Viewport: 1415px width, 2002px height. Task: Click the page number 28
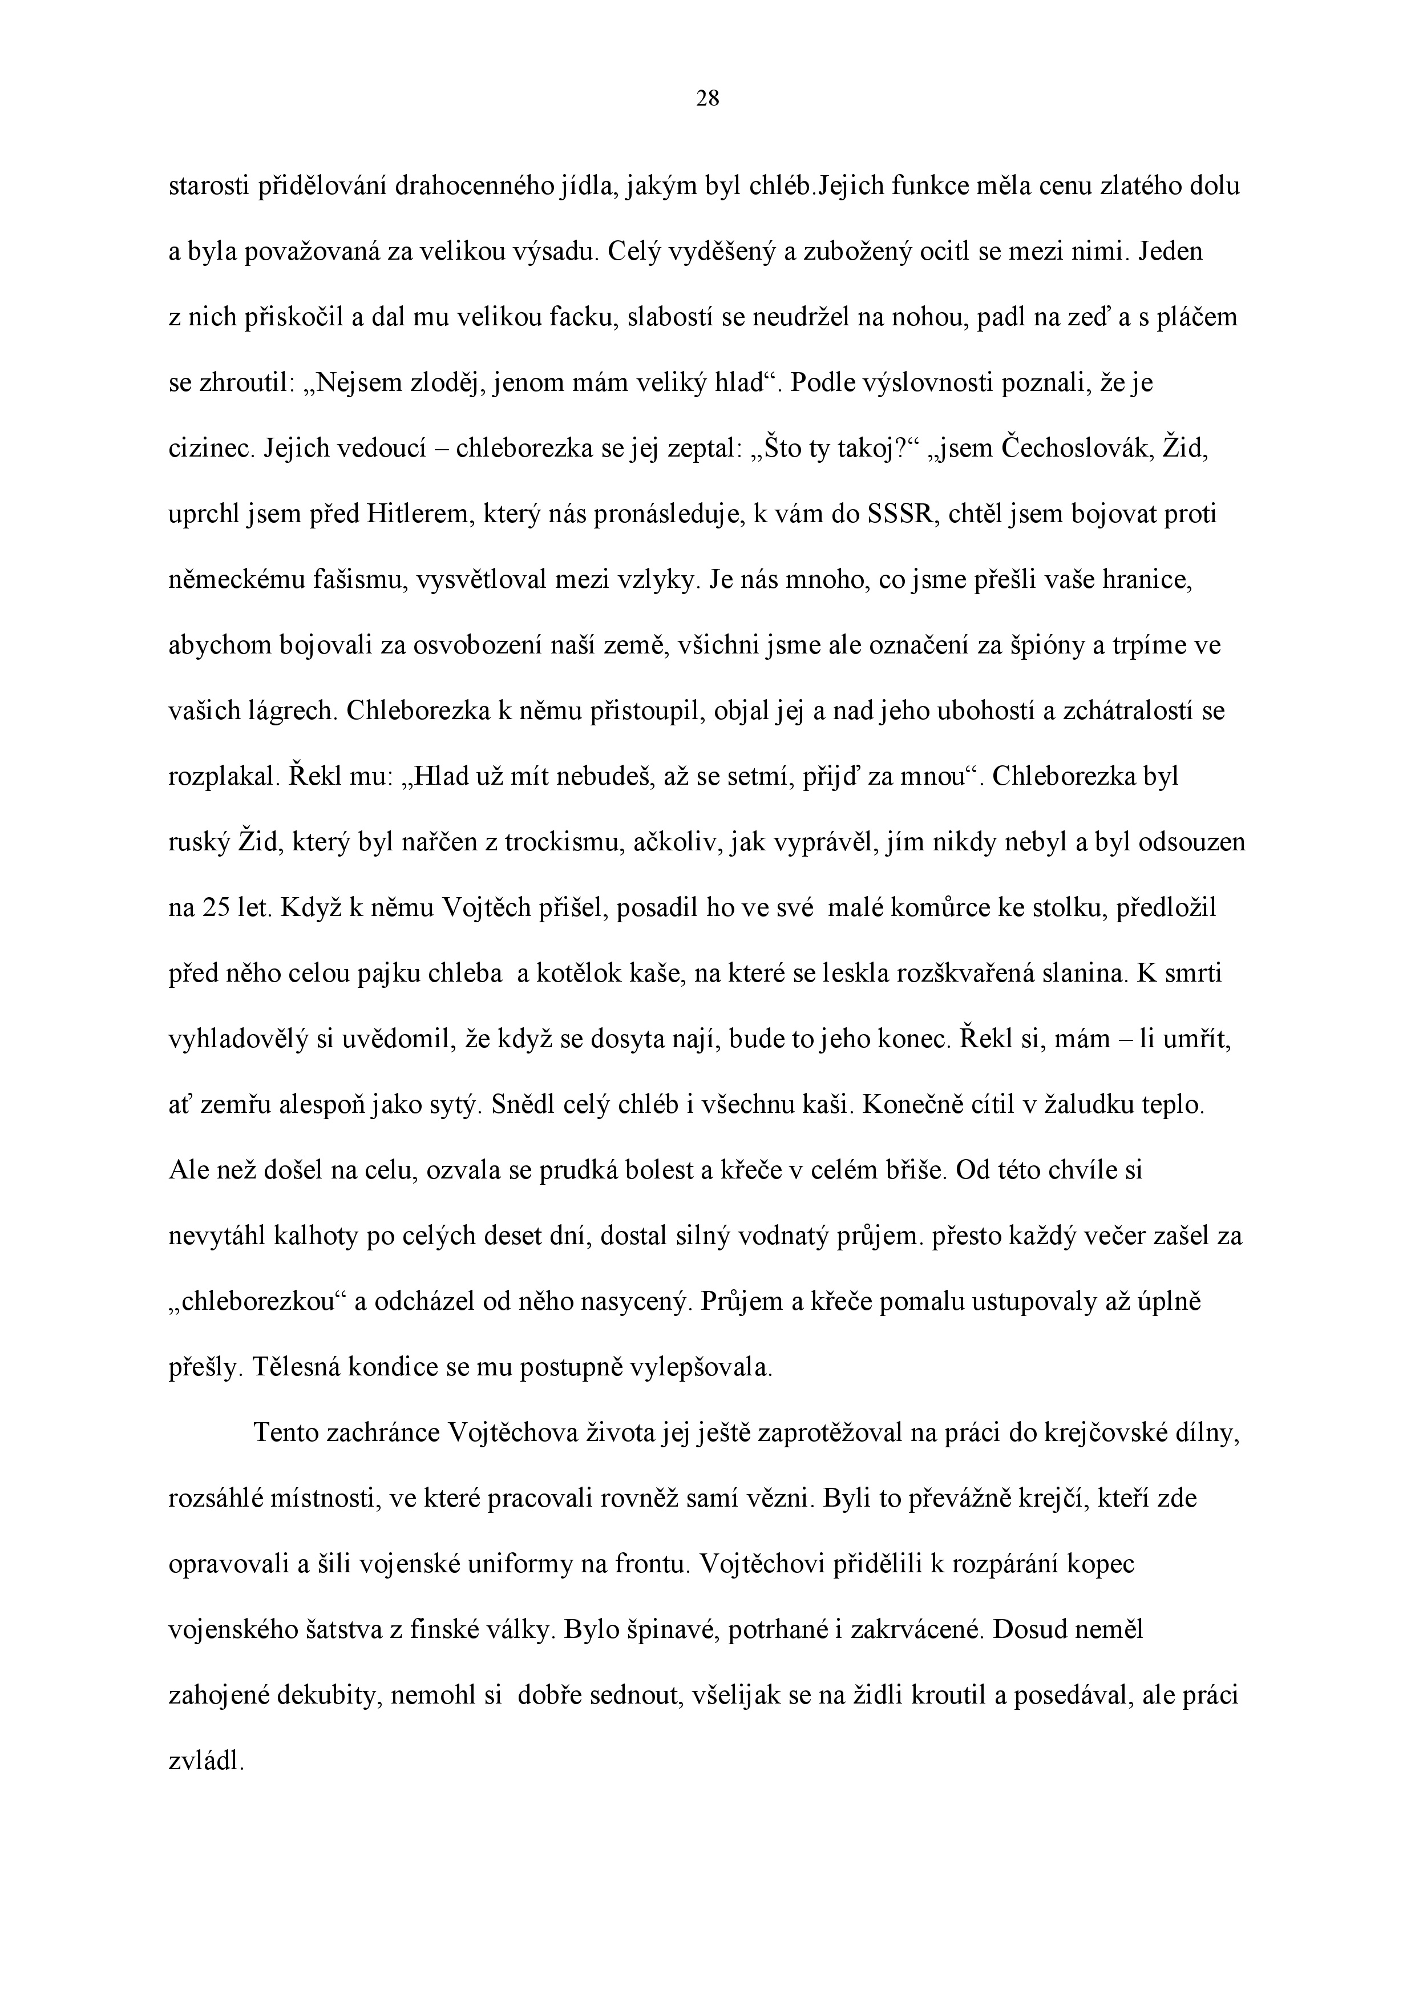tap(707, 99)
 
